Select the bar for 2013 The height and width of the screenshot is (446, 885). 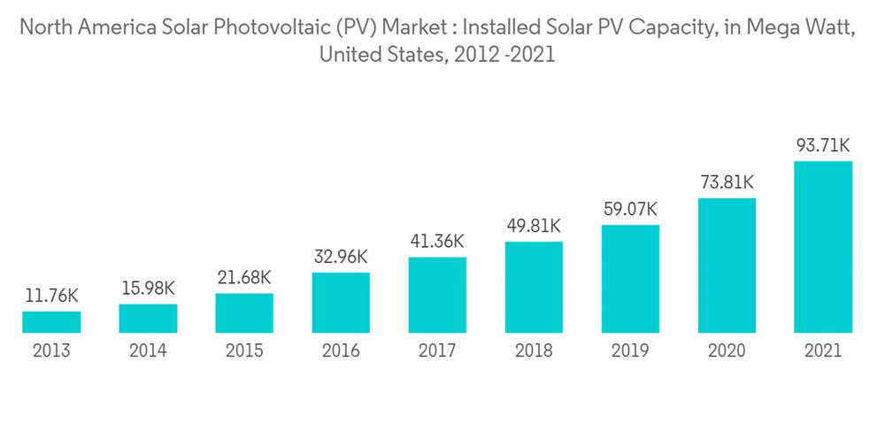click(x=51, y=322)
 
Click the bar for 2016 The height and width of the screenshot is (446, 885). click(x=341, y=303)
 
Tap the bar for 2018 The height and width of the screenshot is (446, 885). click(x=534, y=288)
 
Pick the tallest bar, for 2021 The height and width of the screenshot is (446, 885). click(x=823, y=247)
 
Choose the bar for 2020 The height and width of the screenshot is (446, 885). click(x=727, y=265)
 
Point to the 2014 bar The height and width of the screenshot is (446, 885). click(x=148, y=319)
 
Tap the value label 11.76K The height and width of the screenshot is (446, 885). click(x=51, y=296)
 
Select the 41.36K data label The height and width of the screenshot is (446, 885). click(x=437, y=242)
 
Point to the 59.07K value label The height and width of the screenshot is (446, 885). click(x=630, y=210)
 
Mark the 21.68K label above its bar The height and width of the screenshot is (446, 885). click(x=244, y=278)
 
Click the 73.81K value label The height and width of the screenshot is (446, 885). click(x=727, y=182)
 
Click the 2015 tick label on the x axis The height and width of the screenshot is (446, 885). click(x=244, y=351)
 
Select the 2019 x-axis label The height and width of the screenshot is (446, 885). click(x=630, y=351)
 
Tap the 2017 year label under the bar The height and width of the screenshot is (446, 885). click(x=437, y=351)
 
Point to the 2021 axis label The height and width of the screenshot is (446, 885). click(x=823, y=351)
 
